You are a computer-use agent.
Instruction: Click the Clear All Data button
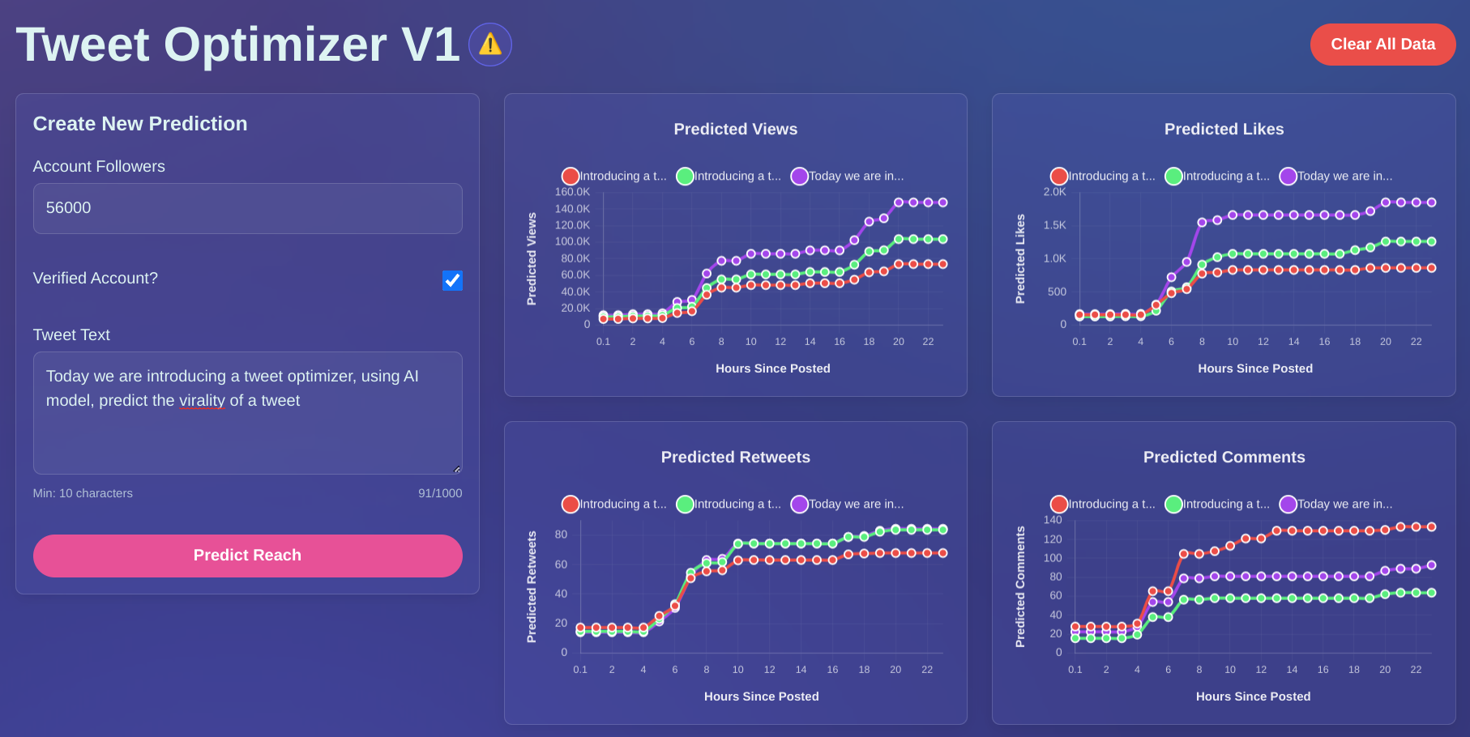point(1382,45)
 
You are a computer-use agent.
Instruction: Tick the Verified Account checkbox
point(452,280)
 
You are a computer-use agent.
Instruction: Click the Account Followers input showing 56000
point(247,208)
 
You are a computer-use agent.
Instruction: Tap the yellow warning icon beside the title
point(490,45)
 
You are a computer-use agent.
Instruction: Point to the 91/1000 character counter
point(440,493)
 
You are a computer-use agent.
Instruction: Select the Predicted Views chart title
point(735,129)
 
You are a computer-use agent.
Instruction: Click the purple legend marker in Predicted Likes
point(1288,177)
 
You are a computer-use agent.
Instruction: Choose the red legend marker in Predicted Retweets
point(570,505)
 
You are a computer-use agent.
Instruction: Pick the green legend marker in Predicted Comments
point(1173,505)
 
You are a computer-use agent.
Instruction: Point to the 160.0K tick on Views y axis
point(572,192)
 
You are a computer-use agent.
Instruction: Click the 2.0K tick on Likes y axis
point(1054,192)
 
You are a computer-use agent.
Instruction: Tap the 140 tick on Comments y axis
point(1052,520)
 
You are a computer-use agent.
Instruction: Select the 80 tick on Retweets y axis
point(561,535)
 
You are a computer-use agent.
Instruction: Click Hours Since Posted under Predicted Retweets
point(761,697)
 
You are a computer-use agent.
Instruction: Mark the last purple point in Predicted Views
point(942,202)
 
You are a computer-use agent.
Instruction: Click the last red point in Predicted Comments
point(1431,527)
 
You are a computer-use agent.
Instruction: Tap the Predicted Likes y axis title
point(1020,259)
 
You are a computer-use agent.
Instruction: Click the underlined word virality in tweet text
point(202,401)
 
